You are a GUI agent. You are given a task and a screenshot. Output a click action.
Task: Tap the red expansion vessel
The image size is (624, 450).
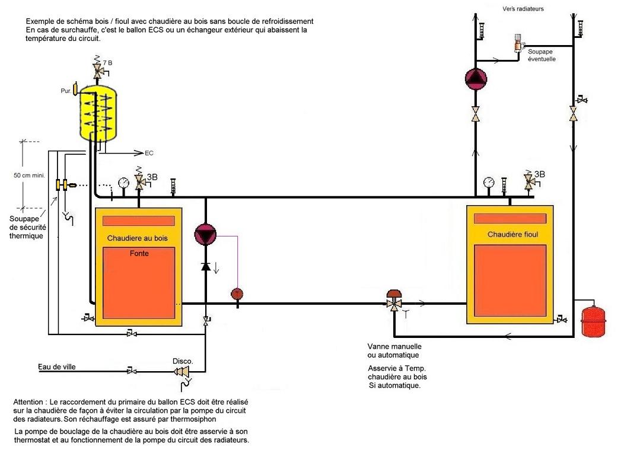point(589,320)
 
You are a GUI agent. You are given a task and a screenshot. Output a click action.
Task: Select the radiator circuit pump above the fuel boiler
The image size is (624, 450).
point(475,79)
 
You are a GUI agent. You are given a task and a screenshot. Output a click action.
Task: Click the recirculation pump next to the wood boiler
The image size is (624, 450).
point(205,235)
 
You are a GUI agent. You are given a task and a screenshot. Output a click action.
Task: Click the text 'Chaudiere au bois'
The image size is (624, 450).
point(137,238)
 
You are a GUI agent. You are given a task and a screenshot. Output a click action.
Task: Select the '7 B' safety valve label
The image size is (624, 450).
point(107,62)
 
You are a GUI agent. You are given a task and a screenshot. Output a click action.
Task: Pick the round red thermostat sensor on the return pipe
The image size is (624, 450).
point(237,293)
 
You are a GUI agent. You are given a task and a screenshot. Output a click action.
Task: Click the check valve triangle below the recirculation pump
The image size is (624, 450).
point(205,267)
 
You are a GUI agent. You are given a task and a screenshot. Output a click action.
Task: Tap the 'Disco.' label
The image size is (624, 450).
point(182,360)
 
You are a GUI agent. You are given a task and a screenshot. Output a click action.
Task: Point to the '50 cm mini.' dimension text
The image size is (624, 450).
point(29,175)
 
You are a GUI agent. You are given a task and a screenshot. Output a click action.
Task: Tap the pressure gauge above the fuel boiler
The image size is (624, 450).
point(488,182)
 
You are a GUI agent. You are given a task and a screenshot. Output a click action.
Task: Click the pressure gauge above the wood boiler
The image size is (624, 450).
point(123,183)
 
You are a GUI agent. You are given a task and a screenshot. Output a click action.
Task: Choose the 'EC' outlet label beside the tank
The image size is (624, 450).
point(149,153)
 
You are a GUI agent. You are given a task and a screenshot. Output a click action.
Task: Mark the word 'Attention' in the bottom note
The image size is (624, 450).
point(28,403)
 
